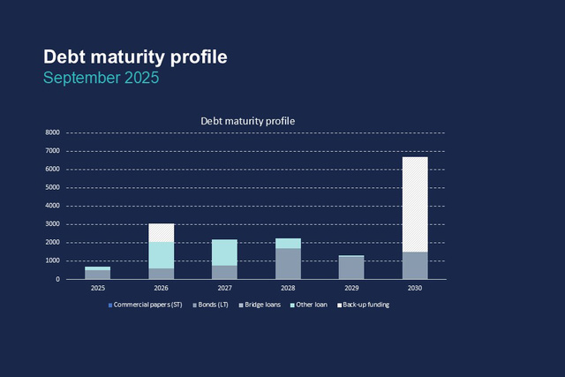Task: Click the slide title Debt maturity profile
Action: pos(135,57)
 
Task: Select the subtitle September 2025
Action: pos(102,78)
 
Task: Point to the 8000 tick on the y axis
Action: pos(52,132)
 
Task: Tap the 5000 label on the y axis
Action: pos(52,188)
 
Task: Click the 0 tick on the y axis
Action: pos(57,280)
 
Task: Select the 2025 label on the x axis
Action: pos(97,288)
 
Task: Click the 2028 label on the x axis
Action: pos(288,288)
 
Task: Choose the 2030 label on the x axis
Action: pos(415,288)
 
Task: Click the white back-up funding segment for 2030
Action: pos(415,204)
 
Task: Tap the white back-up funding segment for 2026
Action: pos(161,232)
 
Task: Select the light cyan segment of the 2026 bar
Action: pos(161,255)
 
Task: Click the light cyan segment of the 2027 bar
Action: pos(224,252)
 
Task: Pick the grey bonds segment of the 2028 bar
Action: pos(288,264)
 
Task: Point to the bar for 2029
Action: pos(351,268)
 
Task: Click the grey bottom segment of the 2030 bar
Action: pos(415,266)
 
